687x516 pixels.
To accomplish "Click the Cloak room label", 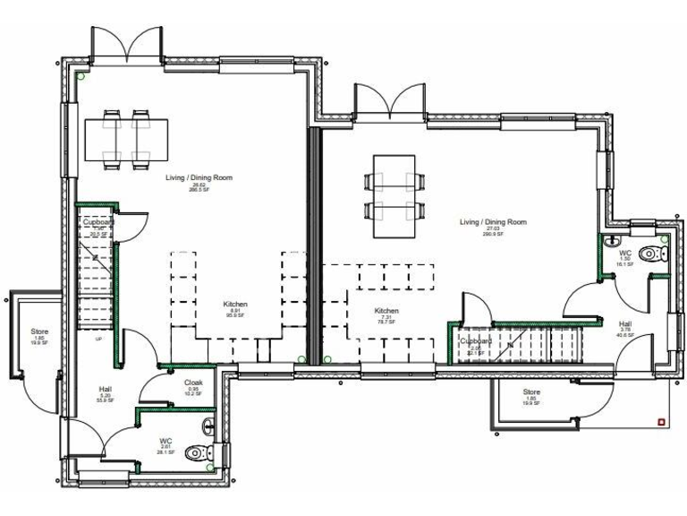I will (x=193, y=387).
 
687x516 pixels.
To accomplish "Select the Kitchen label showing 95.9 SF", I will (x=235, y=309).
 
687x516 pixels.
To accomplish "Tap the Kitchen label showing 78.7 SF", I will (x=386, y=315).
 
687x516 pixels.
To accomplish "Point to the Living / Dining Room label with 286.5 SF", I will (x=199, y=183).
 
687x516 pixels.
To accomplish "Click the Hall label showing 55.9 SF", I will (x=105, y=394).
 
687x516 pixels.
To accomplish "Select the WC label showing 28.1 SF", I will (x=165, y=446).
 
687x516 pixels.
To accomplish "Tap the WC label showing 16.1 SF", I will (x=626, y=258).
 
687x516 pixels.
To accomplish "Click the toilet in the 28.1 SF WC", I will (x=195, y=454).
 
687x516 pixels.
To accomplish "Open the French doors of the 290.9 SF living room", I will (x=388, y=101).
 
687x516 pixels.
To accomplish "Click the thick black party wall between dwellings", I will (x=314, y=242).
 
